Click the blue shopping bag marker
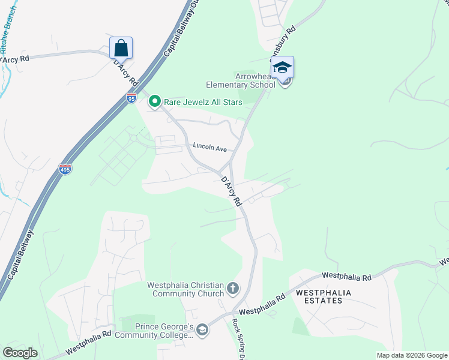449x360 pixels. point(121,48)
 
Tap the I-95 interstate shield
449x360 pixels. point(131,98)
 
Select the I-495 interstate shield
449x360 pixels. point(65,169)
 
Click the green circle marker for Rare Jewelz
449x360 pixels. point(155,102)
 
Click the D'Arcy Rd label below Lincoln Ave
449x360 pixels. point(231,190)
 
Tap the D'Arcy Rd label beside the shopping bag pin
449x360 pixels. point(126,73)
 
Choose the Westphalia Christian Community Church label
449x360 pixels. point(186,290)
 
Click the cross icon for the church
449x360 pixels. point(233,289)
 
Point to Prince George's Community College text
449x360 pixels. point(163,331)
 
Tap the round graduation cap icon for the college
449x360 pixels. point(203,329)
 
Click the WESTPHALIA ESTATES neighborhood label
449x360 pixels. point(322,296)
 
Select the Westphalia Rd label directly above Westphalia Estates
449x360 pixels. point(346,276)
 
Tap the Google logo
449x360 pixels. point(20,353)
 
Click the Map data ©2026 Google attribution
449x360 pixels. point(411,355)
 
